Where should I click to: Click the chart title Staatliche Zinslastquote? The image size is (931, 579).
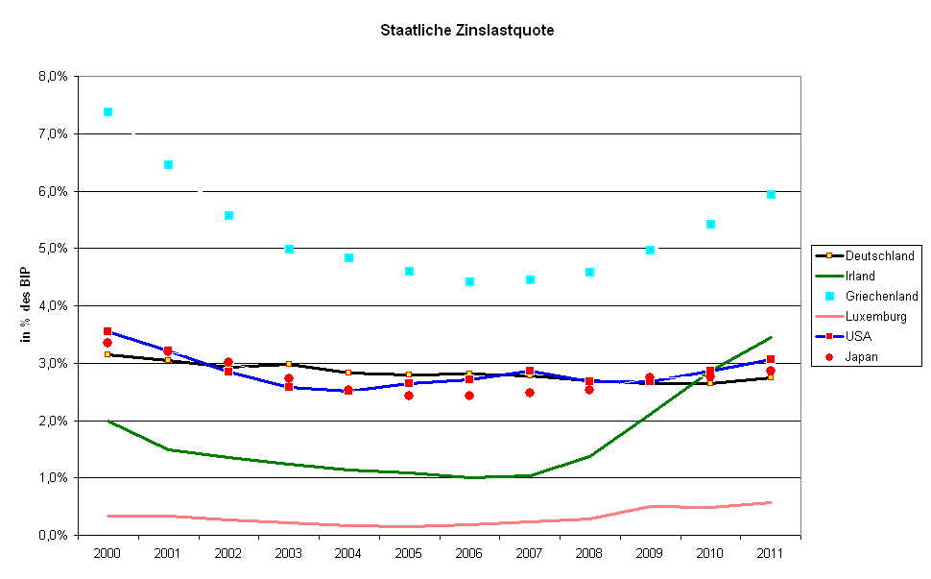coord(466,30)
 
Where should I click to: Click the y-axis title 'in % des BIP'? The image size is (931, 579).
coord(27,304)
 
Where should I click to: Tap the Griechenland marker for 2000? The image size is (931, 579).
coord(107,111)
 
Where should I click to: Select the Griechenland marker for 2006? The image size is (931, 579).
coord(469,281)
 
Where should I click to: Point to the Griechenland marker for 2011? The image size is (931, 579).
coord(771,194)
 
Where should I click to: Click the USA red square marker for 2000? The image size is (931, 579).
coord(107,331)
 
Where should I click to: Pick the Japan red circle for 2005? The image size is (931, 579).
coord(409,395)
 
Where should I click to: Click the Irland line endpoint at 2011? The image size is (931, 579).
coord(771,337)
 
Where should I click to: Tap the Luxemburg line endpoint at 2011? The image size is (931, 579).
coord(771,502)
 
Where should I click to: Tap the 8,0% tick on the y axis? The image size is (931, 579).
coord(53,76)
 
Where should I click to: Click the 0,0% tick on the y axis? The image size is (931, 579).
coord(53,535)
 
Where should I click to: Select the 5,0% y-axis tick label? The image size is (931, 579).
coord(53,248)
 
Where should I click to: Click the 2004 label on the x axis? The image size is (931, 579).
coord(348,554)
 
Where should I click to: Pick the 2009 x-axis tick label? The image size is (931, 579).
coord(650,554)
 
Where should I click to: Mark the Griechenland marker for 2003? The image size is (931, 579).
coord(289,249)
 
